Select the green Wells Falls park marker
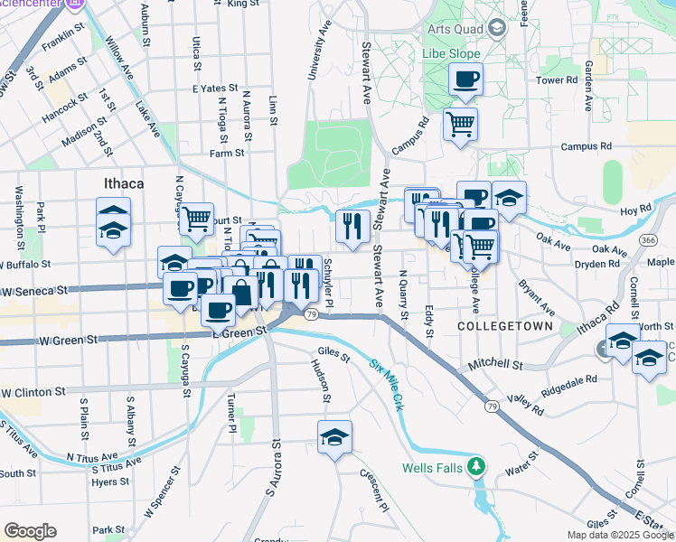[x=479, y=467]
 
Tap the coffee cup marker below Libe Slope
[x=465, y=79]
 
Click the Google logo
[x=30, y=531]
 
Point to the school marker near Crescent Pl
[x=334, y=437]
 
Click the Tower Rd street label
[x=557, y=80]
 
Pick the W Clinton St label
[x=33, y=393]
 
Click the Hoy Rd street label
[x=635, y=209]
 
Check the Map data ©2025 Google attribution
[x=620, y=535]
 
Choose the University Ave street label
[x=320, y=54]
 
